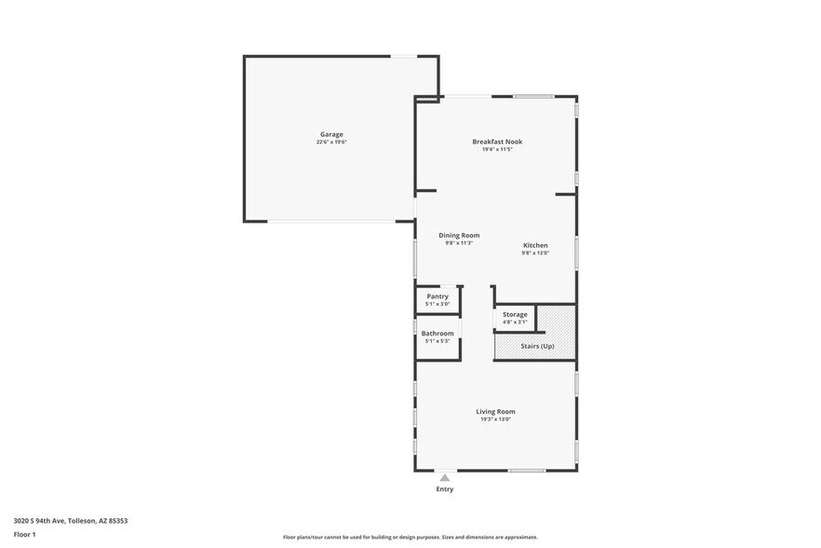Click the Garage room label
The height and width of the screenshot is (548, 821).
[331, 134]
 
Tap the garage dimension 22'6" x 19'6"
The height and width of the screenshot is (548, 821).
[331, 142]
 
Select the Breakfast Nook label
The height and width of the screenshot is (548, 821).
[497, 142]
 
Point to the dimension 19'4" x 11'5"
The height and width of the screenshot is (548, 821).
[497, 149]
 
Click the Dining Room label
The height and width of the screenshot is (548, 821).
[459, 235]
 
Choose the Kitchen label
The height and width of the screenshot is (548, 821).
[535, 245]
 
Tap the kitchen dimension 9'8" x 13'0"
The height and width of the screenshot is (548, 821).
[535, 253]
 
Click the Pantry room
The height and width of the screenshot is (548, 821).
[437, 299]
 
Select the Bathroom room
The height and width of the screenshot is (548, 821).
[437, 336]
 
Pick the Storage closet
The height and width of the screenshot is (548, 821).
[515, 318]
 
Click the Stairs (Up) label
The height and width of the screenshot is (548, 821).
[536, 346]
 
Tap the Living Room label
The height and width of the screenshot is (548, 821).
[495, 411]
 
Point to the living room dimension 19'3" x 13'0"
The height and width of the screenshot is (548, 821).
[495, 419]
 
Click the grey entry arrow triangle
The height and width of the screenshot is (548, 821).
[445, 477]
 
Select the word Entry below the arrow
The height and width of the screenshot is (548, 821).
[445, 488]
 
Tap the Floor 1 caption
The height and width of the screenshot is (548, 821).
[25, 534]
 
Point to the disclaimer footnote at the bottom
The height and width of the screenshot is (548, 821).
[410, 537]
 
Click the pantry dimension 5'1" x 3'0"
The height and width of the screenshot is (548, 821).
[437, 304]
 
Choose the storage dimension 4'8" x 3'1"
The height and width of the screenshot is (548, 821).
[515, 322]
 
